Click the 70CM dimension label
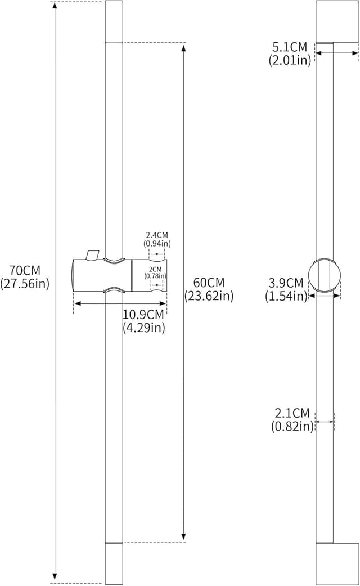click(25, 270)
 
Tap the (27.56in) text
click(25, 284)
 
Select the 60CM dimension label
click(209, 282)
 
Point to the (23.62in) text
click(209, 296)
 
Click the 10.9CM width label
click(144, 315)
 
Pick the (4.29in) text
click(144, 328)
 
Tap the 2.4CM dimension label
click(157, 235)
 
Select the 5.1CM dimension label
click(290, 47)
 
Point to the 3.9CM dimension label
click(286, 283)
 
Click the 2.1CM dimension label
click(292, 414)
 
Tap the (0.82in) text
click(292, 427)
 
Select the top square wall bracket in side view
click(337, 21)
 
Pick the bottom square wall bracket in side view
click(337, 563)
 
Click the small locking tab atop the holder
click(92, 255)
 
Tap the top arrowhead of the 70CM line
click(55, 5)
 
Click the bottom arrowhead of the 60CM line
click(183, 536)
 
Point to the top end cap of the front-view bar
click(114, 21)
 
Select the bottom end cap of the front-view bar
click(114, 563)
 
